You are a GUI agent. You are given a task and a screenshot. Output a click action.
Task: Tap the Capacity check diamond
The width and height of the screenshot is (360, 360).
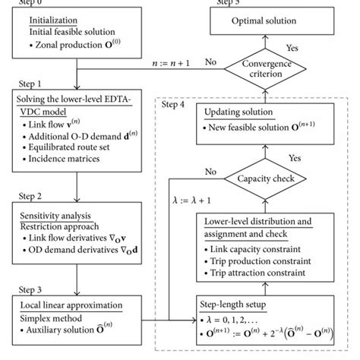254,178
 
